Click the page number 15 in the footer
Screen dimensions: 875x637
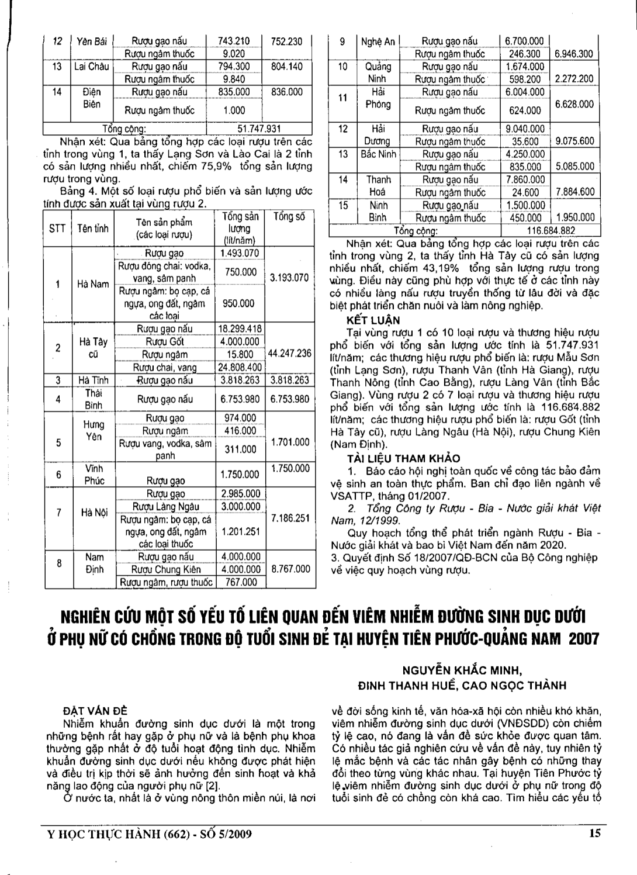595,834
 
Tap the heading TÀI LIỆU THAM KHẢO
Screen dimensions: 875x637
403,458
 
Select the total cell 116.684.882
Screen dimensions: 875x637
551,230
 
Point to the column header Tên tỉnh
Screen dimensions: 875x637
93,229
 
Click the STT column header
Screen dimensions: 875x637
57,229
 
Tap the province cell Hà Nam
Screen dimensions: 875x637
93,284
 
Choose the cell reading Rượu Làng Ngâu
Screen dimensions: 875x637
165,507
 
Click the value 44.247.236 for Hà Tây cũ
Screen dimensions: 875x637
289,354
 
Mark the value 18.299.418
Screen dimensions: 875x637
240,328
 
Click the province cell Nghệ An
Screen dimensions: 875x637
378,41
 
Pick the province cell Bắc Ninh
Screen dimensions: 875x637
378,154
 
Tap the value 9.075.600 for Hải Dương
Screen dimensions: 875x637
574,141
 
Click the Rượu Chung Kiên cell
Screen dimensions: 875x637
165,569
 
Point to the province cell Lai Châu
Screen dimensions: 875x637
91,67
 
